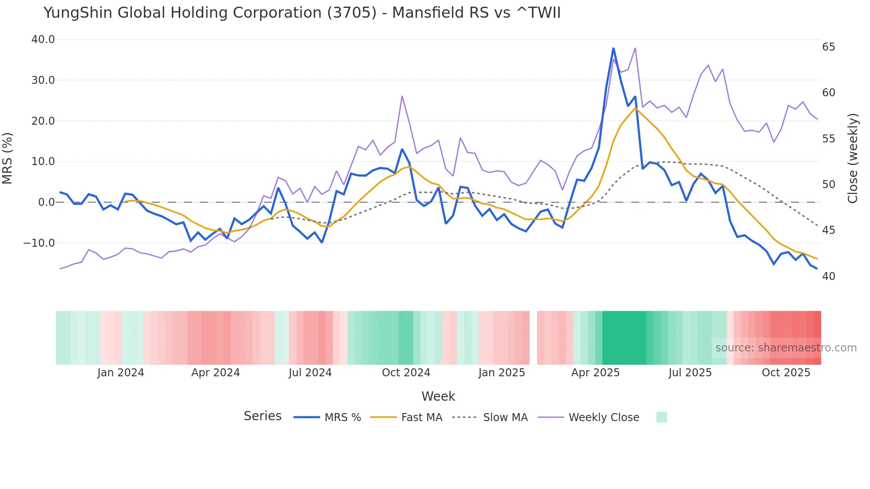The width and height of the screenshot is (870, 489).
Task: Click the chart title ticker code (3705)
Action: coord(352,13)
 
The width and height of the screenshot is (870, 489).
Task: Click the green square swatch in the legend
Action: coord(661,417)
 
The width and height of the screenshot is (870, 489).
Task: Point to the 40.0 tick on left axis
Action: coord(43,39)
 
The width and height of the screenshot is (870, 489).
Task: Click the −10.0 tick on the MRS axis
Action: coord(39,243)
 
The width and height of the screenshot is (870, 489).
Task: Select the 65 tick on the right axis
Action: coord(828,47)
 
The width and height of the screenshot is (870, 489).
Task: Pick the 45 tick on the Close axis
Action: coord(828,230)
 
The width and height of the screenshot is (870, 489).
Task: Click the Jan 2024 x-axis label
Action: coord(121,373)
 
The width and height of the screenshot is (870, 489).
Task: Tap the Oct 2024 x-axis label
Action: coord(406,373)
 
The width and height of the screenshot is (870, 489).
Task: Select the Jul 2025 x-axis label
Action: coord(690,373)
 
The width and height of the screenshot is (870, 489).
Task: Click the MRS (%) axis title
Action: coord(8,158)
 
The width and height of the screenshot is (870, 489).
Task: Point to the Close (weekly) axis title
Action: coord(853,158)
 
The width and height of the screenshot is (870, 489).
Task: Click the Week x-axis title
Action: coord(438,396)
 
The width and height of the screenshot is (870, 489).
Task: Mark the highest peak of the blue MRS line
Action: coord(613,48)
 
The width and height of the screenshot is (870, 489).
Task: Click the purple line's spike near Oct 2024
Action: coord(402,96)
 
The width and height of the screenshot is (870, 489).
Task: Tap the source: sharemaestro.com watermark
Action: coord(786,348)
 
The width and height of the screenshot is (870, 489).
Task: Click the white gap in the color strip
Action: coord(533,338)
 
